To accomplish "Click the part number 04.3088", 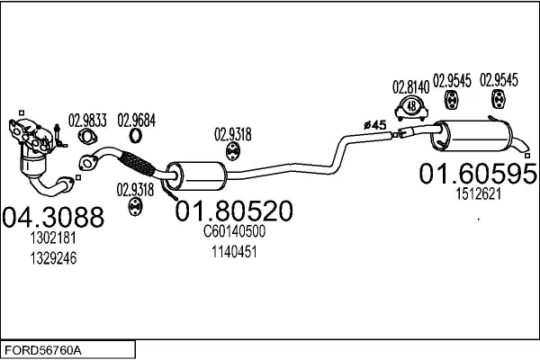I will coord(53,218).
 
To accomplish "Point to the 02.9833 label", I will coord(87,118).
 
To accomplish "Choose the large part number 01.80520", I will coord(233,212).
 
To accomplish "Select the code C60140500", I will coord(233,232).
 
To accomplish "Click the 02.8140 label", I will coord(409,87).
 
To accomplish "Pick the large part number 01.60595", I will coord(477,174).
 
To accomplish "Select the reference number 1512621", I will coord(476,193).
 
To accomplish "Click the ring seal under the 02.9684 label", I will coord(135,137).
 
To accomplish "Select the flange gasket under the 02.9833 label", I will coord(87,138).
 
